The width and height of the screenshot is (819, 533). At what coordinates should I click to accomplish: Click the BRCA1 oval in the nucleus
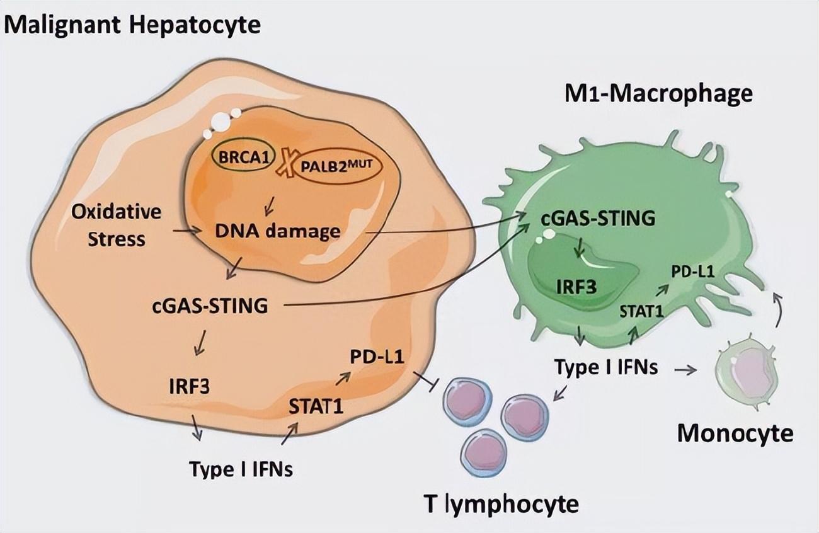pyautogui.click(x=242, y=159)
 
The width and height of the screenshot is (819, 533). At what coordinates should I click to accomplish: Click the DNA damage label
pyautogui.click(x=277, y=231)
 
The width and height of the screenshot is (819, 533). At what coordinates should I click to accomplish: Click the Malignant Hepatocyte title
pyautogui.click(x=133, y=26)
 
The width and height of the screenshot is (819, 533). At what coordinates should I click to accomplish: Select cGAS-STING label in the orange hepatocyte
pyautogui.click(x=210, y=306)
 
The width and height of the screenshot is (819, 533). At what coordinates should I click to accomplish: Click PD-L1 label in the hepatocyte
pyautogui.click(x=377, y=357)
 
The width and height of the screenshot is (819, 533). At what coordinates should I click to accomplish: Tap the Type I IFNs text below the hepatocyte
pyautogui.click(x=241, y=468)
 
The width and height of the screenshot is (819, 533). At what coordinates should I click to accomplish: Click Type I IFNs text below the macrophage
pyautogui.click(x=606, y=367)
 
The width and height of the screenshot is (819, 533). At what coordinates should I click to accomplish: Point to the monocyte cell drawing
pyautogui.click(x=747, y=371)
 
